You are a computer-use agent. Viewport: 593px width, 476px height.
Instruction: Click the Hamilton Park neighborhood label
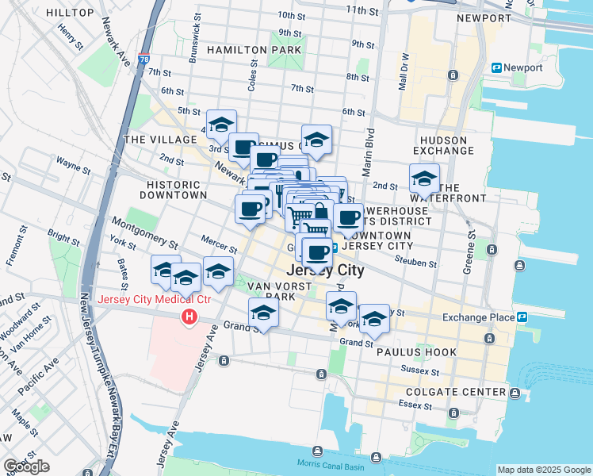[x=254, y=49]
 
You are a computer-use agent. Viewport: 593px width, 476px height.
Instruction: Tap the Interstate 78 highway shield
[x=143, y=59]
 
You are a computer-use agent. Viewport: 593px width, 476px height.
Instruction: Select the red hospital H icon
[x=189, y=318]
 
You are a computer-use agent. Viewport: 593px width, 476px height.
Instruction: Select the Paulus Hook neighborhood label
[x=428, y=351]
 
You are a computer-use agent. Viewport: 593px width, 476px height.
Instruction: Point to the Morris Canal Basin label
[x=327, y=463]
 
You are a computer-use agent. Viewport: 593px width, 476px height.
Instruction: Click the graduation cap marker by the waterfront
[x=424, y=178]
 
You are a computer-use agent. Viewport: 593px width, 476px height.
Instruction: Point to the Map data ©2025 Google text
[x=544, y=470]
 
